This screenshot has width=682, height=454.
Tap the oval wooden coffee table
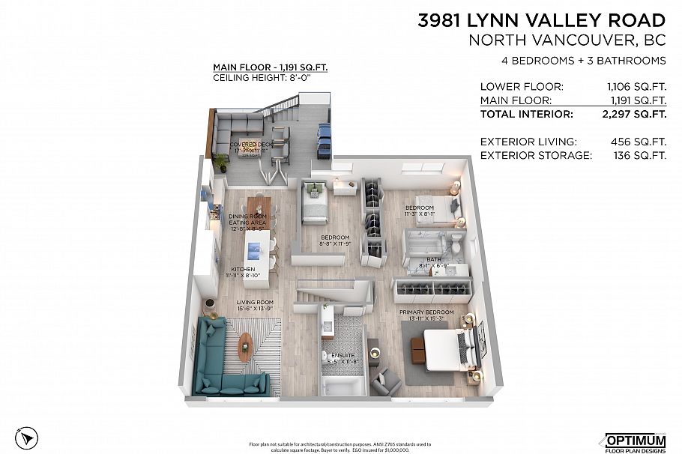(x=245, y=347)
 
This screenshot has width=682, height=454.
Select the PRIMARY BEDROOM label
(x=426, y=312)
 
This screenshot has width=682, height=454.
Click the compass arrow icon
(x=27, y=436)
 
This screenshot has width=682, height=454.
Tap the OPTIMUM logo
(x=634, y=440)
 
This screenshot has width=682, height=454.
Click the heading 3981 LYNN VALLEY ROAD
(x=542, y=20)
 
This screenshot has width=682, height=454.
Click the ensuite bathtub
(x=342, y=384)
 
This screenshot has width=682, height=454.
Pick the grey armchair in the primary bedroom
(x=387, y=381)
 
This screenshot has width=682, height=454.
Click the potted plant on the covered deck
(x=220, y=163)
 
